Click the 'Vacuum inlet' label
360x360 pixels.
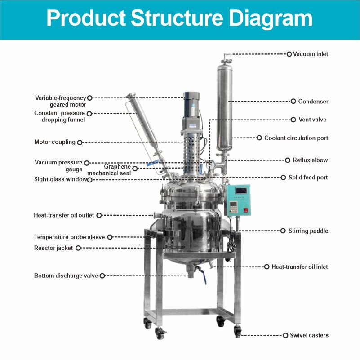pyautogui.click(x=311, y=54)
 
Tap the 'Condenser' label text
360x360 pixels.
pyautogui.click(x=313, y=102)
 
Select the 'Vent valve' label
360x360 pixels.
pyautogui.click(x=312, y=120)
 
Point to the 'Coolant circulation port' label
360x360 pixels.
pyautogui.click(x=296, y=138)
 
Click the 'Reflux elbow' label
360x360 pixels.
pyautogui.click(x=310, y=160)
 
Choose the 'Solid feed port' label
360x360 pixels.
pyautogui.click(x=308, y=178)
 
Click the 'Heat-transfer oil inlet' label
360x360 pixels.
pyautogui.click(x=300, y=267)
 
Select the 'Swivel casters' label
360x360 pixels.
pyautogui.click(x=309, y=335)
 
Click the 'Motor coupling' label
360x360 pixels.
pyautogui.click(x=55, y=142)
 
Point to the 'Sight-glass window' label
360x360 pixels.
pyautogui.click(x=61, y=179)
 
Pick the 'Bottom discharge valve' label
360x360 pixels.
pyautogui.click(x=66, y=276)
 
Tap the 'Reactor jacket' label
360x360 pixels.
pyautogui.click(x=53, y=248)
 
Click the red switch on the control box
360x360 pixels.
pyautogui.click(x=245, y=210)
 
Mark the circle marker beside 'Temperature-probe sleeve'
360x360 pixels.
pyautogui.click(x=110, y=237)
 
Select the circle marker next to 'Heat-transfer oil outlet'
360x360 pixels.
pyautogui.click(x=99, y=215)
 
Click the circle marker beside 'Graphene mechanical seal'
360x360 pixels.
pyautogui.click(x=135, y=168)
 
